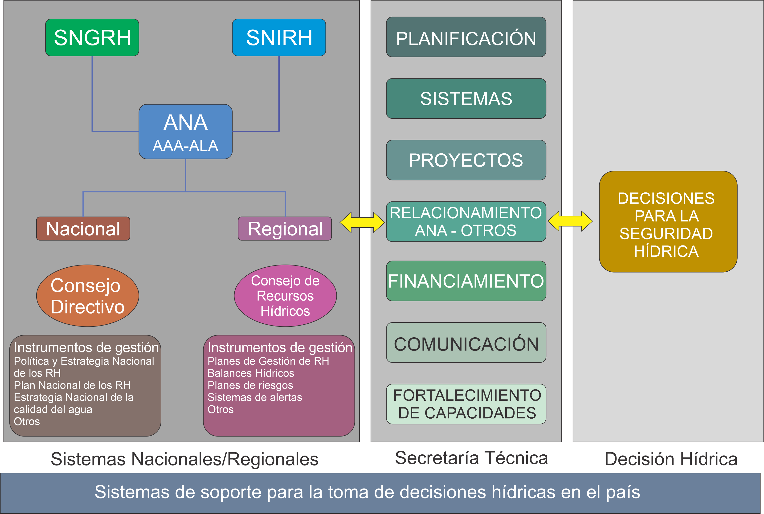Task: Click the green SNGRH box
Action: point(92,37)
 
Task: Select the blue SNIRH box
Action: point(279,37)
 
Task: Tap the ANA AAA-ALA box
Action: point(185,132)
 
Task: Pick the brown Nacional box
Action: point(83,228)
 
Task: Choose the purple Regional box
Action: point(285,228)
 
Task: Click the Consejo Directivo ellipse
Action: point(87,296)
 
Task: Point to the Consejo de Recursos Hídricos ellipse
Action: point(285,296)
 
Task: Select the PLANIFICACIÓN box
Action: point(466,37)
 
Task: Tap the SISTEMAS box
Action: point(466,98)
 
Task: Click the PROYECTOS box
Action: point(466,160)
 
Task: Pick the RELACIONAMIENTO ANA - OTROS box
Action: point(466,222)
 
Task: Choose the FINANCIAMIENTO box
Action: point(466,281)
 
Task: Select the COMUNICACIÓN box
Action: point(466,343)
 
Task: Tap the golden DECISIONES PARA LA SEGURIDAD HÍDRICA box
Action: point(668,222)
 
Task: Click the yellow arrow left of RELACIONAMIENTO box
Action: point(362,222)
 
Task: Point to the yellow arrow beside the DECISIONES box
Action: point(570,221)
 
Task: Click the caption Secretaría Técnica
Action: point(471,458)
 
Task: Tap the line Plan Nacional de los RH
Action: point(72,385)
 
